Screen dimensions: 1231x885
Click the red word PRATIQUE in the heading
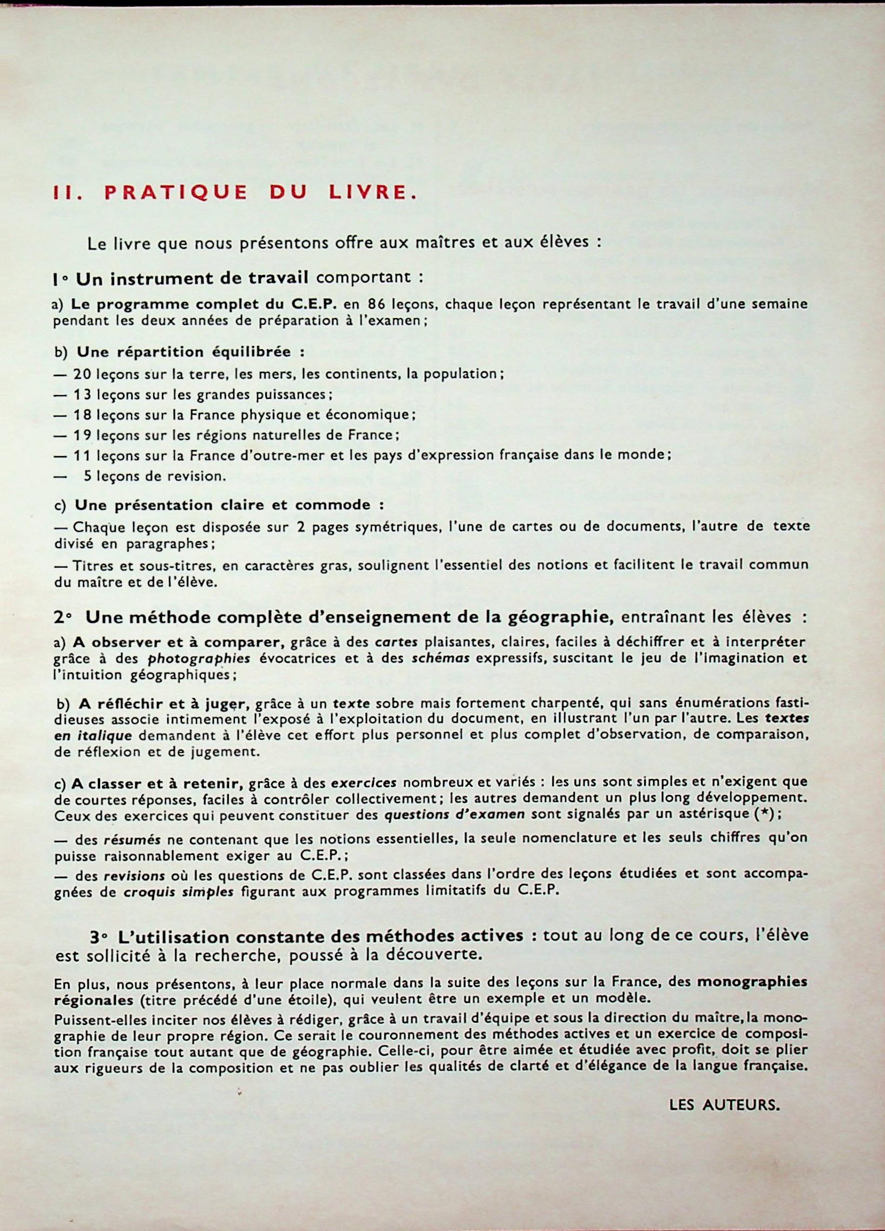pos(175,193)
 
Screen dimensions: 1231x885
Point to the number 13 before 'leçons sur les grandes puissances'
pos(82,394)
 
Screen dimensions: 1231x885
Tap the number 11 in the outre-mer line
pos(82,456)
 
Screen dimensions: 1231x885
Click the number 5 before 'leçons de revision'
pos(87,476)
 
